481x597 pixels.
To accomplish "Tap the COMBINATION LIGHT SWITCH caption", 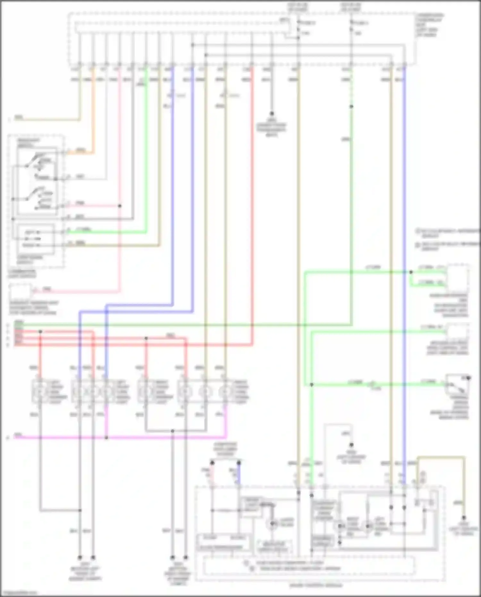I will tap(21, 274).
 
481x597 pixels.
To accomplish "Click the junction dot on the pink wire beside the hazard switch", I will tap(120, 206).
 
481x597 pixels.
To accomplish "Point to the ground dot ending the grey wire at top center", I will tap(272, 114).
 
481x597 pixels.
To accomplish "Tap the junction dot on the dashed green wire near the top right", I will tap(351, 107).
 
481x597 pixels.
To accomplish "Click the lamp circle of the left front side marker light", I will tap(39, 392).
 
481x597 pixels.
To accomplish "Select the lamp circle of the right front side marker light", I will tap(145, 392).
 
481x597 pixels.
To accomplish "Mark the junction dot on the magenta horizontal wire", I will tap(106, 438).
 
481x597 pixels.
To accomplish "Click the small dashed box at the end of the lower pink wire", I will tap(20, 291).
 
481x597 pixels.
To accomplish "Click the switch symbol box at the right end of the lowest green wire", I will tap(457, 384).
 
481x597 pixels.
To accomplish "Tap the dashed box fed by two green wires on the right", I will tap(458, 277).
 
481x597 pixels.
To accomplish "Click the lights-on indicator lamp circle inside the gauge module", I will tap(272, 524).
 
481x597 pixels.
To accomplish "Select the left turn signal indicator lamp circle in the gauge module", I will tap(368, 526).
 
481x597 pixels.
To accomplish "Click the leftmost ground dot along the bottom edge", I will tap(80, 558).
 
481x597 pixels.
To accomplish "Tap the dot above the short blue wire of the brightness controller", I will tap(239, 463).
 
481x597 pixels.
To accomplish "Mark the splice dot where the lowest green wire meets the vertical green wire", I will tap(312, 384).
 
